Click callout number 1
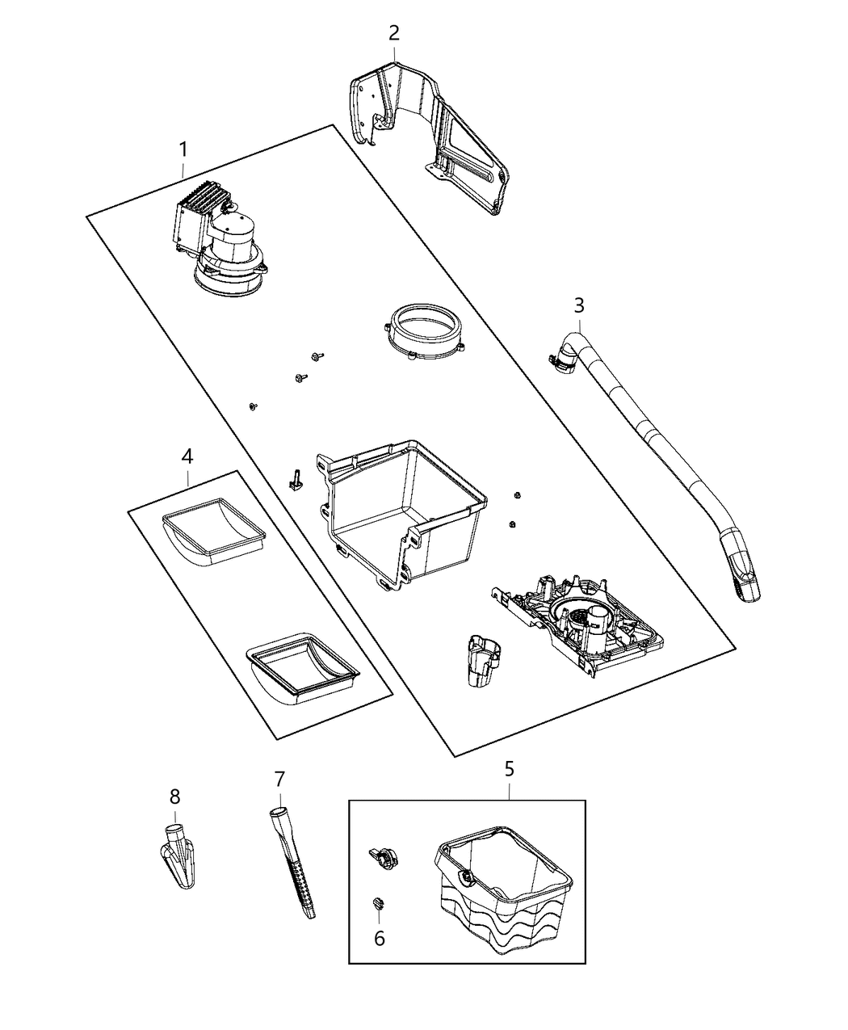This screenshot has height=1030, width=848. point(183,149)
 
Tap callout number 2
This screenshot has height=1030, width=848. point(393,33)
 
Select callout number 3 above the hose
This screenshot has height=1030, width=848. point(579,305)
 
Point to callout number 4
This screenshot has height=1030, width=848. point(187,456)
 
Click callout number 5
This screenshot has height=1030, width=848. point(509,768)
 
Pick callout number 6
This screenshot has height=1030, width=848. point(379,938)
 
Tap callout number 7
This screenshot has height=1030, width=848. point(279,779)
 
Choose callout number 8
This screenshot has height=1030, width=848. point(174,797)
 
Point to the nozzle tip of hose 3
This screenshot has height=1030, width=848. point(745,575)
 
